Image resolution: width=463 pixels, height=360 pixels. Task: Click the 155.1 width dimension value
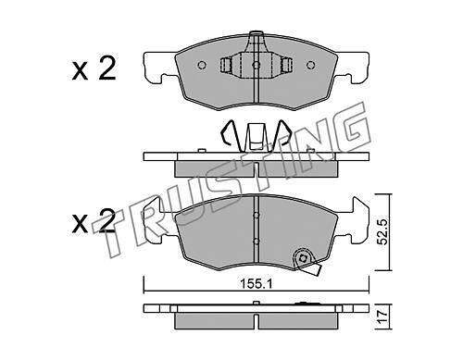(x=257, y=284)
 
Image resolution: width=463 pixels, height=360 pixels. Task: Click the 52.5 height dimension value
(x=382, y=232)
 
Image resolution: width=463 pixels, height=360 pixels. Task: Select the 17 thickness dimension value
(x=382, y=317)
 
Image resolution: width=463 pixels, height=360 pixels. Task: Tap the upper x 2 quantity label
(x=94, y=69)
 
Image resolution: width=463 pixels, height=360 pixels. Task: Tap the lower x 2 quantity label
(x=94, y=221)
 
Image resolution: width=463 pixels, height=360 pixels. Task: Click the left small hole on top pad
(x=202, y=65)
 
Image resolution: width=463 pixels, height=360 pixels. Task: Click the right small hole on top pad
(x=310, y=65)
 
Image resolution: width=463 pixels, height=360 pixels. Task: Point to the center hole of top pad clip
(x=257, y=65)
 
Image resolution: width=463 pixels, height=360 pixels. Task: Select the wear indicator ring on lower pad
(x=302, y=258)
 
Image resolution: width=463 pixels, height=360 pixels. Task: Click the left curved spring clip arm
(x=229, y=131)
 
